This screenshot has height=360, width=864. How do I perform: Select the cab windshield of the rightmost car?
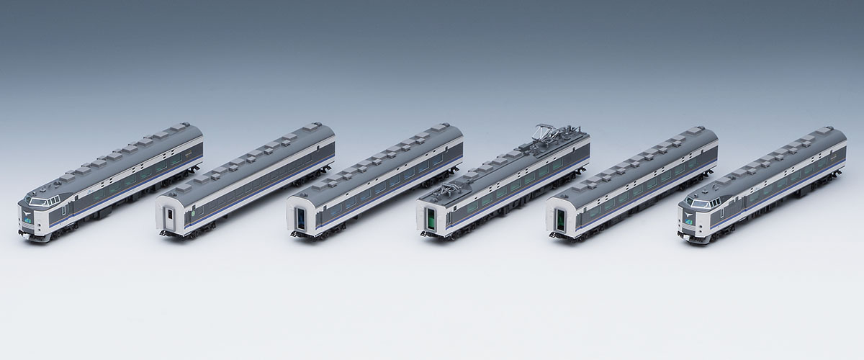pyautogui.click(x=698, y=202)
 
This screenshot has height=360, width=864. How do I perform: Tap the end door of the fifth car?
pyautogui.click(x=557, y=218)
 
